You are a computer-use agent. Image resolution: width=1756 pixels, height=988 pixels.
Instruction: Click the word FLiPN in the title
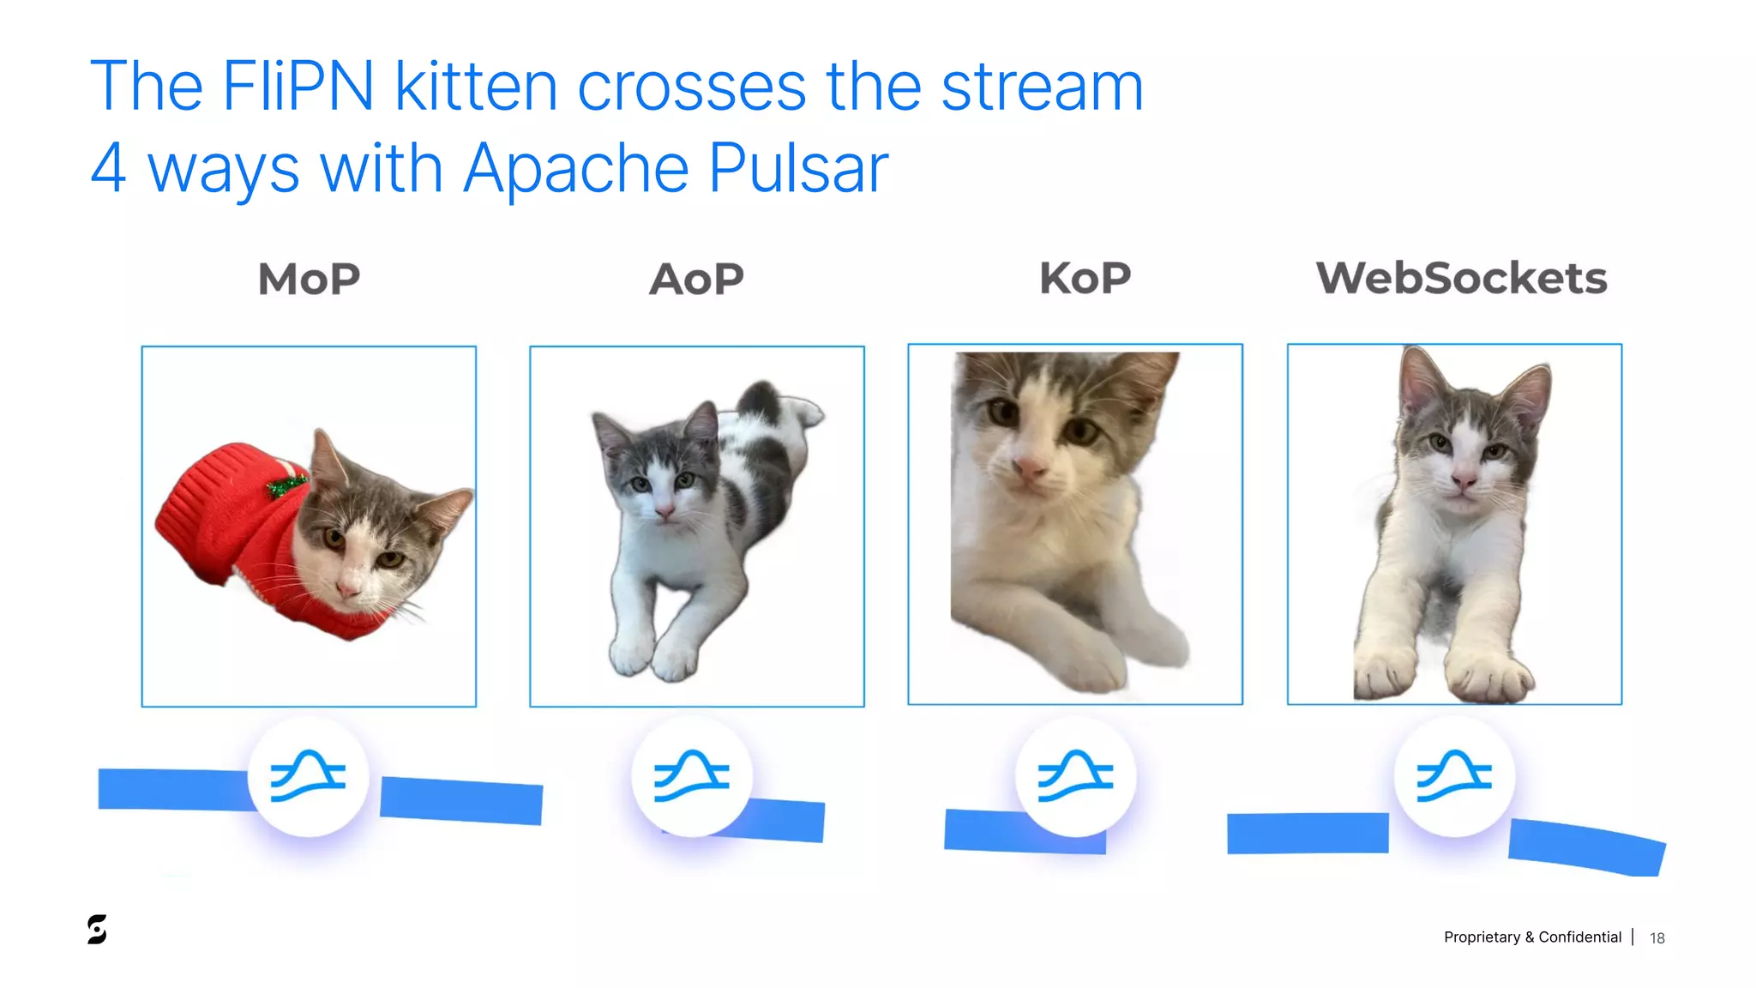click(298, 87)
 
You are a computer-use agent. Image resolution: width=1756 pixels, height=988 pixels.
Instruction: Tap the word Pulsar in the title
click(798, 168)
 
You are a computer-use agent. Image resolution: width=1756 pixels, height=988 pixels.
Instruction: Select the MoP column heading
click(309, 279)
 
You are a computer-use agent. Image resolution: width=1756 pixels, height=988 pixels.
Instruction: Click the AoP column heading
click(696, 279)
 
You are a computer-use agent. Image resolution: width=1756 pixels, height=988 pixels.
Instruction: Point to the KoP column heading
click(1085, 278)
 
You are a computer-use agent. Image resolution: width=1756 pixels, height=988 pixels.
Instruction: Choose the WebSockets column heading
click(1461, 278)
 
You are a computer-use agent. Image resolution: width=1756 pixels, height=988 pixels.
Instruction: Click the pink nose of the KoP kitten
click(1030, 467)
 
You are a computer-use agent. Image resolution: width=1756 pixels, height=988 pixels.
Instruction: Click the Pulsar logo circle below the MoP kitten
click(308, 775)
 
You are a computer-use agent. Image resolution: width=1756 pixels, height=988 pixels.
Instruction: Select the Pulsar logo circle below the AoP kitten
click(692, 775)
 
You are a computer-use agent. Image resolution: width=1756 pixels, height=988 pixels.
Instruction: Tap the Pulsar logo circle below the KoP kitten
click(1075, 775)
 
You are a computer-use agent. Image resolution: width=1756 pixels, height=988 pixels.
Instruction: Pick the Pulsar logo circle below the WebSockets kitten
click(1454, 775)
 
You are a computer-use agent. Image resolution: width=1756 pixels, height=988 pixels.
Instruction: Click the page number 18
click(1657, 938)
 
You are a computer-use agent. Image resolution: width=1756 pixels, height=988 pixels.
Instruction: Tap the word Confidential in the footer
click(1579, 937)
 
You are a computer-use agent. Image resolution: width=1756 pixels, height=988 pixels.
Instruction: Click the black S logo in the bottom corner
click(97, 929)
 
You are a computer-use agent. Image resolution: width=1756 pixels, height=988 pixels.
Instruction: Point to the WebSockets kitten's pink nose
click(1464, 482)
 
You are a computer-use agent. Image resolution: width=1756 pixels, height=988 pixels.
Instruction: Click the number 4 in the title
click(109, 168)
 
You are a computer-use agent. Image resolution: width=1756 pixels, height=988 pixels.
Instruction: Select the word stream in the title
click(1042, 87)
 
